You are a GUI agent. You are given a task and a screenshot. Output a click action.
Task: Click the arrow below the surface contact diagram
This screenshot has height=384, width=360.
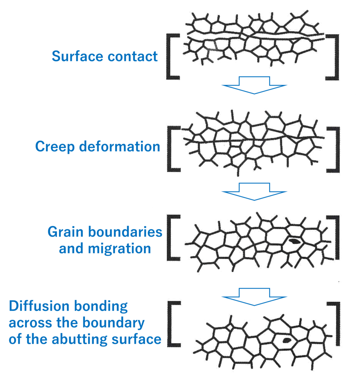tap(254, 85)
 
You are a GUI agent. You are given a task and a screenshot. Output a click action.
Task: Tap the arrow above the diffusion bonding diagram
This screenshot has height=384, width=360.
tap(255, 294)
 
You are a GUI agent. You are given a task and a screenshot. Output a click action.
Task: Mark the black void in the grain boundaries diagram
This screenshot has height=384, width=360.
tap(294, 240)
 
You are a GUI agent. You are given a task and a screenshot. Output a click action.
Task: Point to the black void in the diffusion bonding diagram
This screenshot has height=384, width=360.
tap(287, 340)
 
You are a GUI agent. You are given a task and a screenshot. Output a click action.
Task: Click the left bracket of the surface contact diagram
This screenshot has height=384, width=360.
tap(171, 56)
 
